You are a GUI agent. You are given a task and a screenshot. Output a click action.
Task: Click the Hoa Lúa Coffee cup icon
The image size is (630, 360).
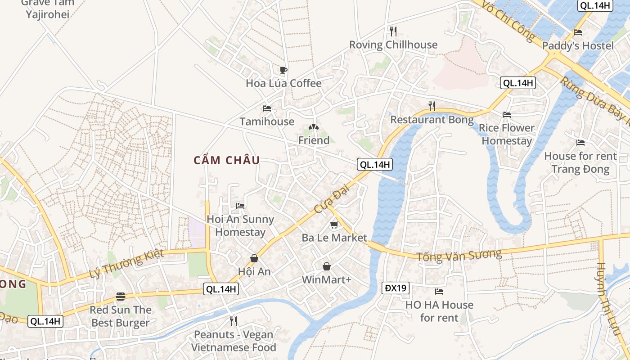click(x=283, y=70)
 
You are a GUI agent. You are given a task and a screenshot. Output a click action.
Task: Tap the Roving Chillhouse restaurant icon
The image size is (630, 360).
click(x=393, y=31)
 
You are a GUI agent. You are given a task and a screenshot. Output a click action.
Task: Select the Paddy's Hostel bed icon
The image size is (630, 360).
click(x=578, y=32)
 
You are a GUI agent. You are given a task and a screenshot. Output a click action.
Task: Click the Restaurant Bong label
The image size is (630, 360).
click(x=432, y=120)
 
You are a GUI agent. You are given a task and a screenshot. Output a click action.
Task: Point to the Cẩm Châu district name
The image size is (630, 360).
click(x=227, y=160)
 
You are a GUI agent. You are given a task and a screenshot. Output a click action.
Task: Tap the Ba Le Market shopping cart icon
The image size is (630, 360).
click(x=333, y=225)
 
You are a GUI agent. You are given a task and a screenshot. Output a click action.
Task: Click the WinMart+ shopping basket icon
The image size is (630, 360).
click(x=327, y=266)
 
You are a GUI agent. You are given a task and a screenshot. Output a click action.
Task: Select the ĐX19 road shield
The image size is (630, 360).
click(x=396, y=288)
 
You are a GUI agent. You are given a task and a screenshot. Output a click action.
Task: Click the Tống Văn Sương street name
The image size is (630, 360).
click(x=459, y=255)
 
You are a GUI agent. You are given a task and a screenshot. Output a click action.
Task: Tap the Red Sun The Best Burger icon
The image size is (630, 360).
click(x=120, y=297)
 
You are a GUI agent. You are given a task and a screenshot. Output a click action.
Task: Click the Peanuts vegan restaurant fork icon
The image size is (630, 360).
click(x=233, y=321)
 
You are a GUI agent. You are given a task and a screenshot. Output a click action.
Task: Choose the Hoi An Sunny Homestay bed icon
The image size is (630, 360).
click(x=240, y=206)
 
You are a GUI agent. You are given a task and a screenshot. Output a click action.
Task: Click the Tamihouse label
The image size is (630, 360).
click(x=267, y=121)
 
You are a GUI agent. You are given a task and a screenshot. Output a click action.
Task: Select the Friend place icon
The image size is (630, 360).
click(x=314, y=127)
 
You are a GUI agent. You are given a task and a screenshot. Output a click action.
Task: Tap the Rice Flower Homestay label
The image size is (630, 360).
click(x=506, y=134)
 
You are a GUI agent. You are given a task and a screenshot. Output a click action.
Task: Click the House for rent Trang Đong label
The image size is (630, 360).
click(x=580, y=162)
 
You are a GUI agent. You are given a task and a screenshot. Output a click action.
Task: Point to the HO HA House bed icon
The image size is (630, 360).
click(x=439, y=292)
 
